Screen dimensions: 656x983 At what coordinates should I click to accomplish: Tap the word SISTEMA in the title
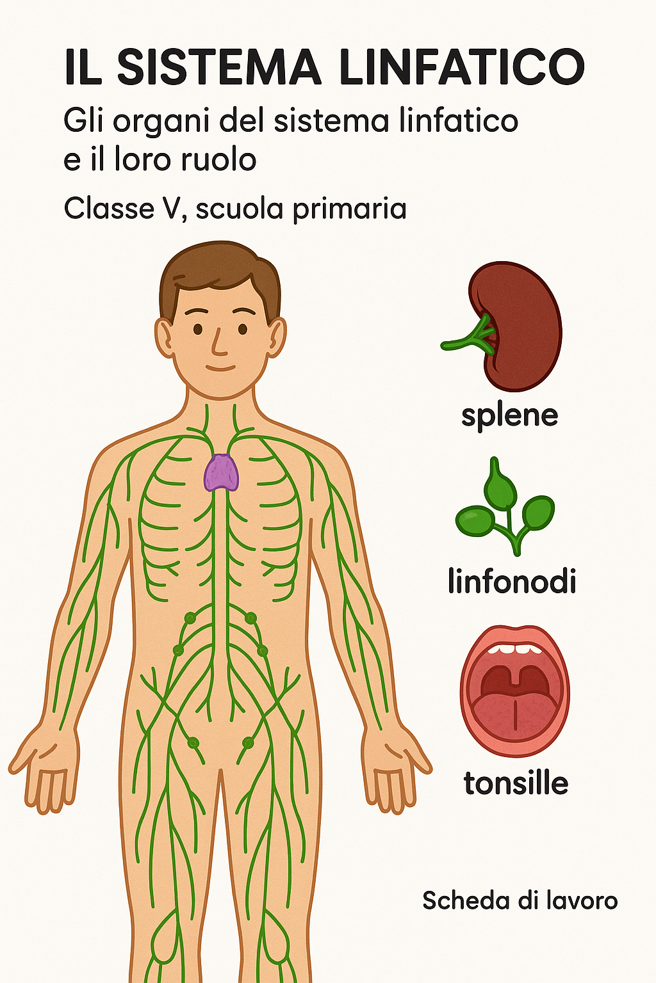coord(219,67)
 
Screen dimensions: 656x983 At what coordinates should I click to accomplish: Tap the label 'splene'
coord(509,416)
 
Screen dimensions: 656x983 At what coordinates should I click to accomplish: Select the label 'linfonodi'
coord(512,580)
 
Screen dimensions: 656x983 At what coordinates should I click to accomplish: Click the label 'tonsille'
coord(516,783)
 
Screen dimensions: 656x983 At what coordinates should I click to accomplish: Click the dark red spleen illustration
coord(519,325)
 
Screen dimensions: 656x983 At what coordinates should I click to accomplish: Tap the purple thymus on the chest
coord(222,473)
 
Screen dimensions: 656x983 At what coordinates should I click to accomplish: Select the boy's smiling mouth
coord(220,368)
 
